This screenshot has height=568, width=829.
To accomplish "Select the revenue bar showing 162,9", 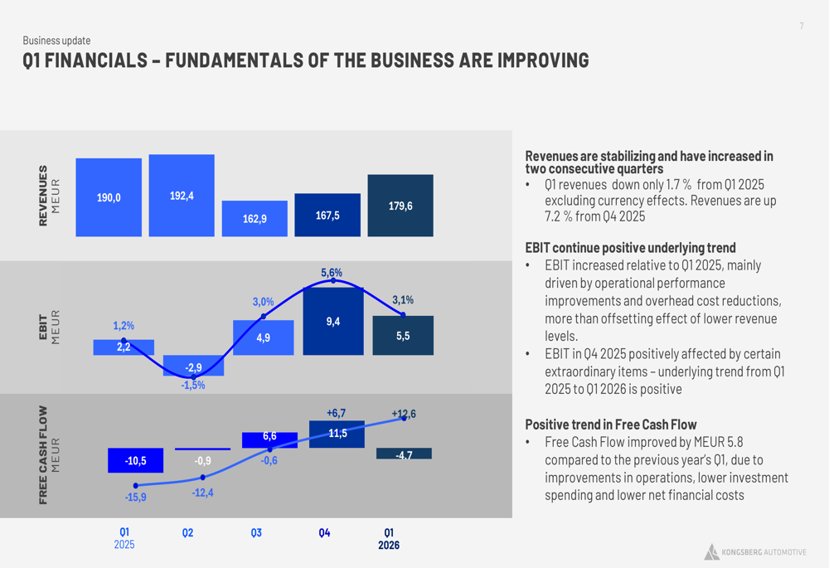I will [x=255, y=219].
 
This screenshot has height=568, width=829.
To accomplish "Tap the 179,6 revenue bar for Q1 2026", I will [x=400, y=206].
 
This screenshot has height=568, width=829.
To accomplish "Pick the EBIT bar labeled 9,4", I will [x=332, y=322].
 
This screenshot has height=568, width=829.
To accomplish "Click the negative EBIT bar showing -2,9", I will [x=193, y=366].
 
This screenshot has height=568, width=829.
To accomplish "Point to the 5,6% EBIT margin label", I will [x=332, y=273].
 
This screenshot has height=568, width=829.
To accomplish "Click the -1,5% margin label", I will [x=193, y=386].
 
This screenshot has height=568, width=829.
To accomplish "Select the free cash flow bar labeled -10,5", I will [x=135, y=460].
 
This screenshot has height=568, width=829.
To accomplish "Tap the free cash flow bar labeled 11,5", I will [x=337, y=434].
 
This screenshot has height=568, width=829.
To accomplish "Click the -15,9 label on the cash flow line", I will [x=135, y=498].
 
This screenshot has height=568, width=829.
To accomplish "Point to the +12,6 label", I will [x=404, y=414].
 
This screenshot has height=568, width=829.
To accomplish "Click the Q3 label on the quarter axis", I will [x=256, y=532].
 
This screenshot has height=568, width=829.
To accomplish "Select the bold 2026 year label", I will [x=389, y=546].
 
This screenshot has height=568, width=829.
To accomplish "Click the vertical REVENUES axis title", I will [x=44, y=196].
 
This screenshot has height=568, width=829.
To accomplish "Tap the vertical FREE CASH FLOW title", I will [x=44, y=454].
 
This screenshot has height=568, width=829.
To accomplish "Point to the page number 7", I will [x=802, y=27].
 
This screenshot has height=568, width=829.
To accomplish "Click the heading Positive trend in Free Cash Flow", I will [x=611, y=425].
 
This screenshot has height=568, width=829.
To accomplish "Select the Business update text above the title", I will [x=56, y=41].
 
